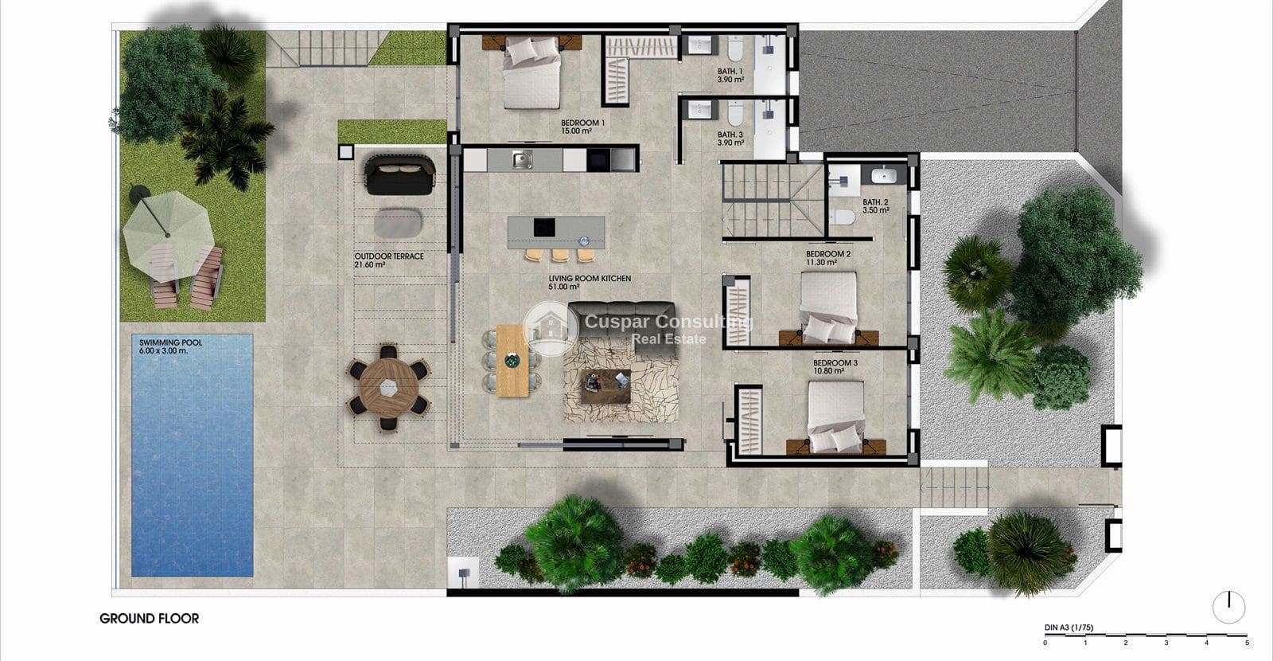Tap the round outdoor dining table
(388, 387)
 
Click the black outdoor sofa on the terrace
(400, 174)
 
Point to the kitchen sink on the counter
(521, 160)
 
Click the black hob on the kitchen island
(544, 228)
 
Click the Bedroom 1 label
(582, 127)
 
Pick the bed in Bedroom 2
(829, 307)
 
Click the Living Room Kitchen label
(590, 283)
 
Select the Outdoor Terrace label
(388, 260)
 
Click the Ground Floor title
(149, 618)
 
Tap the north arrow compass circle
(1228, 608)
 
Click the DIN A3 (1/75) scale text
(1069, 628)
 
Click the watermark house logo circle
(550, 328)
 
